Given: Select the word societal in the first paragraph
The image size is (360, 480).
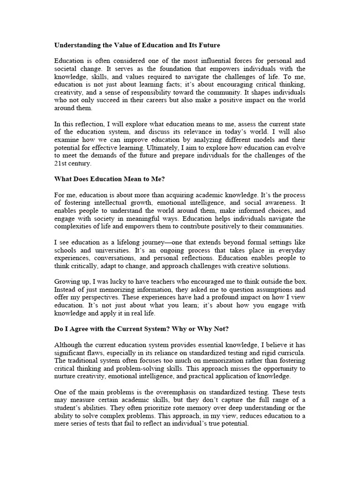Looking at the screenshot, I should click(67, 68).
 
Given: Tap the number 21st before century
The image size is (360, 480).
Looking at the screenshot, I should click(61, 163).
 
